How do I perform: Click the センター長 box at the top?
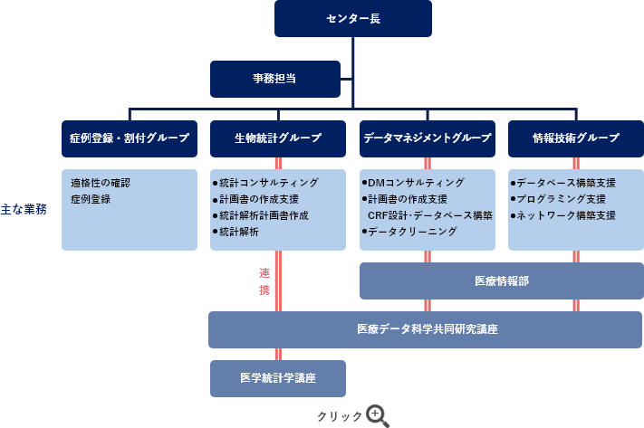352,18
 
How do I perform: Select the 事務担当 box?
274,79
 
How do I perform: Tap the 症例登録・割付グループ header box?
130,138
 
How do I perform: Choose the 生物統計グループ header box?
277,138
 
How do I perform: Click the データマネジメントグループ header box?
428,138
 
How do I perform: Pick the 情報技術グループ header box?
576,138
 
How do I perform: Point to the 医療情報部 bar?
501,281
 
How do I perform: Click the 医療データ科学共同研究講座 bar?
426,329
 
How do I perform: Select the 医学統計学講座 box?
278,377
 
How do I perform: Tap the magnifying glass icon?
377,416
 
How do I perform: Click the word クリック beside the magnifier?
339,417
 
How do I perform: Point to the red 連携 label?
264,281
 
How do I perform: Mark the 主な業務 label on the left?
24,208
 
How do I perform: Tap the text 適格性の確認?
101,183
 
